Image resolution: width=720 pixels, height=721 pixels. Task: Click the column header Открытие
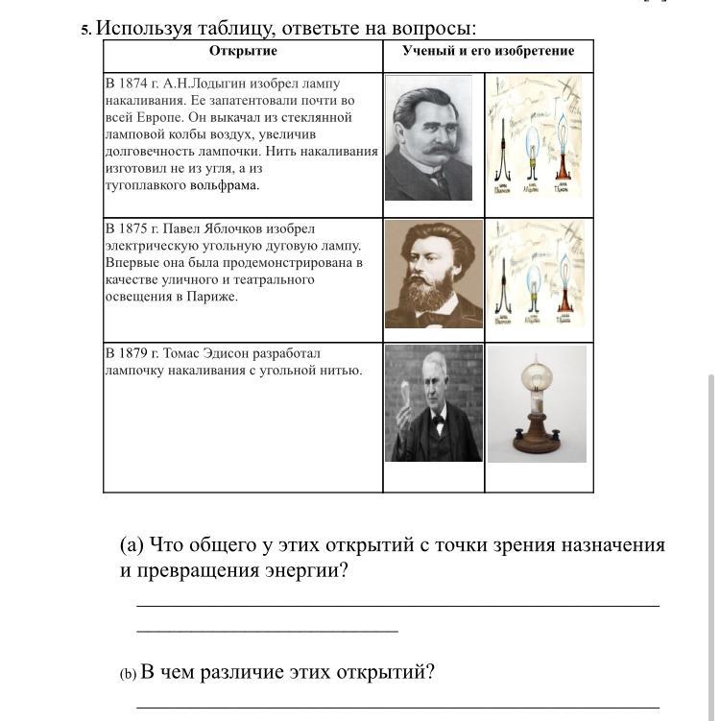(x=243, y=51)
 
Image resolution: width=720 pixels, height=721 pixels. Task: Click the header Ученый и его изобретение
(x=488, y=51)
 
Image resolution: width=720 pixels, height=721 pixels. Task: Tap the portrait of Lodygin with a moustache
(x=428, y=137)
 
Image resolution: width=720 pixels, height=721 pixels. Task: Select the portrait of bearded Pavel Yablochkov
(x=433, y=274)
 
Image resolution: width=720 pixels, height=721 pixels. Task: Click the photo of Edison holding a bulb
(x=433, y=403)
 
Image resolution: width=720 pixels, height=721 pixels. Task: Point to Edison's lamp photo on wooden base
(x=537, y=404)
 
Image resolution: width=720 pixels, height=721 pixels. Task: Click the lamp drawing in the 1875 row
(x=533, y=274)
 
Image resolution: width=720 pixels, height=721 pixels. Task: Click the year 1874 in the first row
(x=133, y=84)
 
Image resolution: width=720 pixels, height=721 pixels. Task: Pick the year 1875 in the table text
(x=133, y=228)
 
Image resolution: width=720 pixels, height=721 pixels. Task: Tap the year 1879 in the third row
(x=133, y=353)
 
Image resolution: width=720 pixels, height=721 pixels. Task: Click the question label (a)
(x=132, y=545)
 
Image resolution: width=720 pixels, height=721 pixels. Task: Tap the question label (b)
(x=128, y=674)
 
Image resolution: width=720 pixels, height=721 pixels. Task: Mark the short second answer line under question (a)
(x=267, y=631)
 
